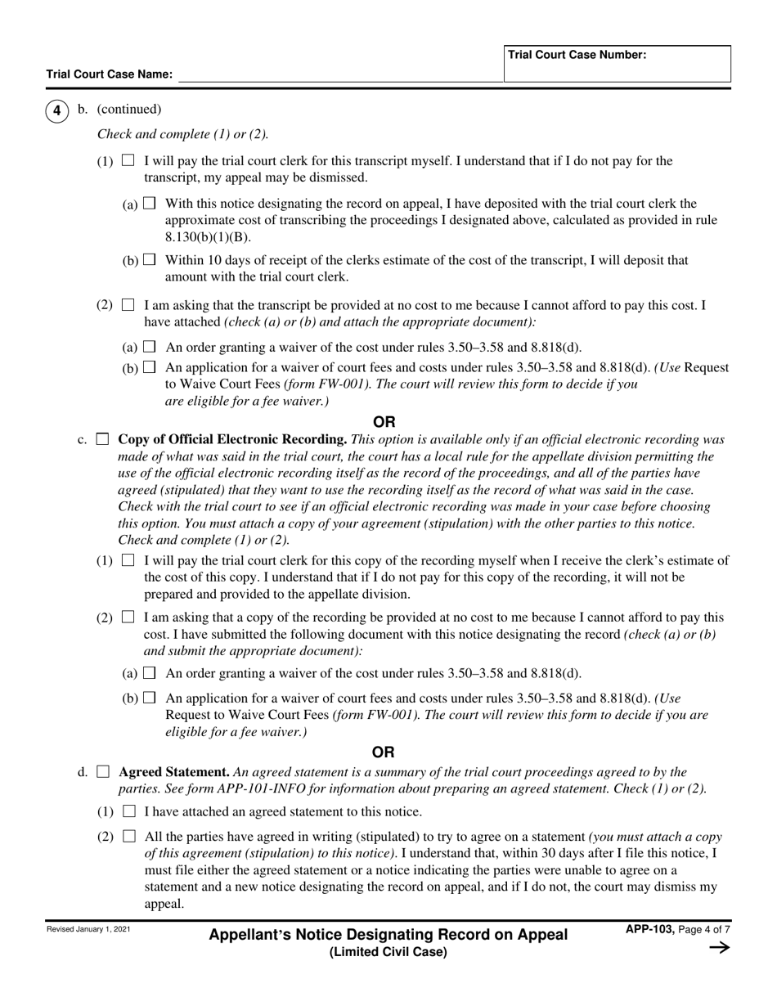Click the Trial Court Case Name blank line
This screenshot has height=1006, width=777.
pos(339,75)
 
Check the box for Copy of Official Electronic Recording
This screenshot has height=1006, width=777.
pos(102,440)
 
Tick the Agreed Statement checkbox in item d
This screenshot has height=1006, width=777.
pos(102,772)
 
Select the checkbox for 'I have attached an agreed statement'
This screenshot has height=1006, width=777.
pos(128,812)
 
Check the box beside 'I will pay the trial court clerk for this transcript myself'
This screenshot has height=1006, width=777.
pos(128,161)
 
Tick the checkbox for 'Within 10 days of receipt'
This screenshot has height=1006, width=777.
pos(149,260)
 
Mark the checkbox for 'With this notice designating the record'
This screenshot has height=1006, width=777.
pos(149,204)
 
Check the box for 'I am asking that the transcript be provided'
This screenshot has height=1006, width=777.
pos(128,306)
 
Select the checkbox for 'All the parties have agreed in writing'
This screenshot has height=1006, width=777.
pos(128,838)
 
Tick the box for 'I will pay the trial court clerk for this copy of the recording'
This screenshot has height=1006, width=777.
pos(128,561)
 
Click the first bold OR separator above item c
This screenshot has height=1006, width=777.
pos(384,422)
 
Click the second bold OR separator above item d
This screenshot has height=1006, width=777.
pos(384,752)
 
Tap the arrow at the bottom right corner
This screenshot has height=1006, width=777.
pos(719,948)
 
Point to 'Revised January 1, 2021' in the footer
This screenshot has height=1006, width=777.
pos(88,929)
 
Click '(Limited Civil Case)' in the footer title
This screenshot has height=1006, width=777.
pos(388,952)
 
